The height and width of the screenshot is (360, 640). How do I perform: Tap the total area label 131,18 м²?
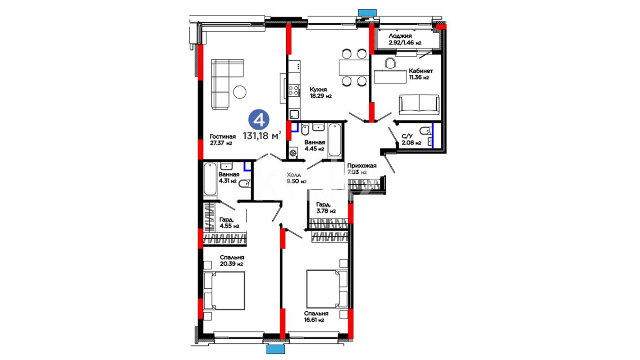(x=262, y=136)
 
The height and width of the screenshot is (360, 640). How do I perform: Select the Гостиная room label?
(x=223, y=136)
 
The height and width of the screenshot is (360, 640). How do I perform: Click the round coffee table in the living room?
(x=240, y=92)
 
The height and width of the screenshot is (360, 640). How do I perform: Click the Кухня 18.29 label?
(x=320, y=93)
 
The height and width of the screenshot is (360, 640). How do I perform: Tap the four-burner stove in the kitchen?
(x=294, y=90)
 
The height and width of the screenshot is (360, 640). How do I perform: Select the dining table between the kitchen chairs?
(x=354, y=67)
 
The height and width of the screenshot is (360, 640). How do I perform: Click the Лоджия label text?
(x=400, y=36)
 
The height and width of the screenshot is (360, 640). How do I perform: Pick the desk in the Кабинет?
(x=390, y=76)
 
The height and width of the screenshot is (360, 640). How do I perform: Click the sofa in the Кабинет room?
(x=419, y=104)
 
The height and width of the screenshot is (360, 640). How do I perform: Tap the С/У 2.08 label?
(x=411, y=139)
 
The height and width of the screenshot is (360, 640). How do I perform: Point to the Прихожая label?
(x=362, y=166)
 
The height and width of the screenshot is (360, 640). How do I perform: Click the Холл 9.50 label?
(x=296, y=178)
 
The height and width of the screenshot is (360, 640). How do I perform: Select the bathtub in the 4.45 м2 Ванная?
(x=335, y=140)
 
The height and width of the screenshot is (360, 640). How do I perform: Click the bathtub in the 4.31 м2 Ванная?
(x=210, y=179)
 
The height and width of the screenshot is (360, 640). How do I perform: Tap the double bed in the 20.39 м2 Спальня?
(x=224, y=290)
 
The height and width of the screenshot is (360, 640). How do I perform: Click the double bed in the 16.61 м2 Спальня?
(x=327, y=289)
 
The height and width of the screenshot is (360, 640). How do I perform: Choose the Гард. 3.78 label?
(x=326, y=208)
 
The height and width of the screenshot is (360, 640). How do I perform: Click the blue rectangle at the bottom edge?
(x=276, y=349)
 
